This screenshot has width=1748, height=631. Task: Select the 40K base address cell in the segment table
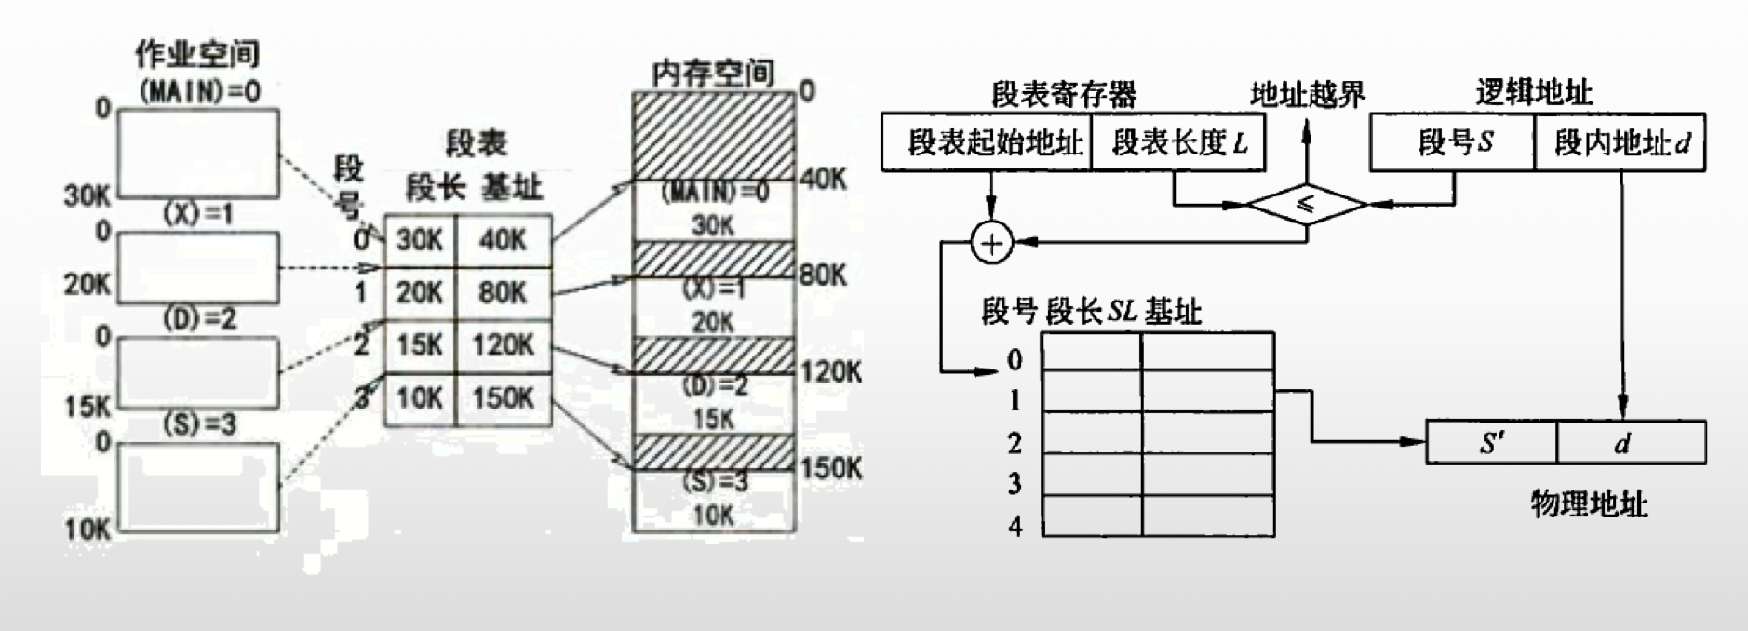(503, 240)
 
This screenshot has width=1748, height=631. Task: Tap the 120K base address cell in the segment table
(503, 345)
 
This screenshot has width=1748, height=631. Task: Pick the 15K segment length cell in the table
(420, 345)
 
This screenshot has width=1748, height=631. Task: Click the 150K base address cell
(503, 398)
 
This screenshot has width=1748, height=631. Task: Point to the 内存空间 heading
(713, 73)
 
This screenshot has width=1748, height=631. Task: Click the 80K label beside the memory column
(823, 275)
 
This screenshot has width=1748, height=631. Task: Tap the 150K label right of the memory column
(831, 468)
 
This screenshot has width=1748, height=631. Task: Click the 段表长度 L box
(1178, 142)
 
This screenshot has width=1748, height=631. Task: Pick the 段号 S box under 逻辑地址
(1453, 142)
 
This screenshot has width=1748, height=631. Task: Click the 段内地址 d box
(1620, 142)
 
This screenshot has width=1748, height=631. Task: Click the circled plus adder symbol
(991, 243)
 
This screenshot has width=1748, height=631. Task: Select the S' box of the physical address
(1491, 442)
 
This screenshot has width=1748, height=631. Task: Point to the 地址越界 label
(1307, 94)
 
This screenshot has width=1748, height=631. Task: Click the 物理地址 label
(1589, 504)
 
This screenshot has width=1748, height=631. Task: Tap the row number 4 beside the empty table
(1015, 526)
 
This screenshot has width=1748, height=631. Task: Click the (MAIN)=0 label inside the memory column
(714, 193)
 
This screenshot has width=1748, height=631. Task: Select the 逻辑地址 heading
(1533, 92)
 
